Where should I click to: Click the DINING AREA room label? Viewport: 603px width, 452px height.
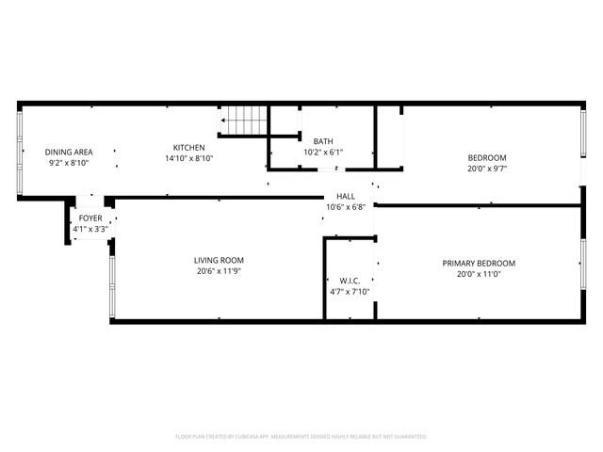[69, 152]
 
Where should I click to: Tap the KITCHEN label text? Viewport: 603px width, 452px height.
[188, 148]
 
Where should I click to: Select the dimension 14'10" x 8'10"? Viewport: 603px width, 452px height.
[188, 159]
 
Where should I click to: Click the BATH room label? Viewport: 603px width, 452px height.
[323, 141]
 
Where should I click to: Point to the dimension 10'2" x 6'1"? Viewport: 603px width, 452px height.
[323, 153]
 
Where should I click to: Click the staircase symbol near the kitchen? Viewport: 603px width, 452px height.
[245, 121]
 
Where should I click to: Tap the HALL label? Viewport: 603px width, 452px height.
[346, 196]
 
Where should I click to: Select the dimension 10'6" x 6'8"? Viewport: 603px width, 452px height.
[346, 207]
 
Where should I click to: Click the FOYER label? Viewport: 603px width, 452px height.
[90, 218]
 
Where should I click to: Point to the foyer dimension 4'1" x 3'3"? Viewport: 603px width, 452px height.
[90, 229]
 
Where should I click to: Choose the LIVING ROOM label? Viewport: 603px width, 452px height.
[219, 261]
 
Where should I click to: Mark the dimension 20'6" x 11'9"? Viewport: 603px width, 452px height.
[219, 272]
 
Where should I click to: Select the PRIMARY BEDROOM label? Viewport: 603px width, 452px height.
[479, 263]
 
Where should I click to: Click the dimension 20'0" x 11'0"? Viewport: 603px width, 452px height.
[479, 274]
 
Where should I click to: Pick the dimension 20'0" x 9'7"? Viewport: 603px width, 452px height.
[487, 169]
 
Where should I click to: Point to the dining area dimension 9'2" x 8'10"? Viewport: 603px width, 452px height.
[69, 163]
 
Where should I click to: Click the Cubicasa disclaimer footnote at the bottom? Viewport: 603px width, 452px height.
[301, 437]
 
